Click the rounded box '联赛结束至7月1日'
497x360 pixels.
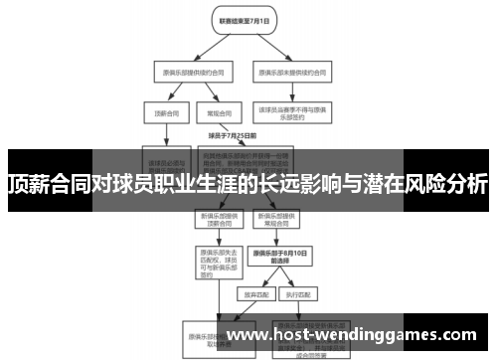coord(239,20)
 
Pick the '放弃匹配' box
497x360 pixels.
coord(254,294)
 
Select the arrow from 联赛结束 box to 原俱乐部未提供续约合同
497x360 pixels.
coord(268,44)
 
